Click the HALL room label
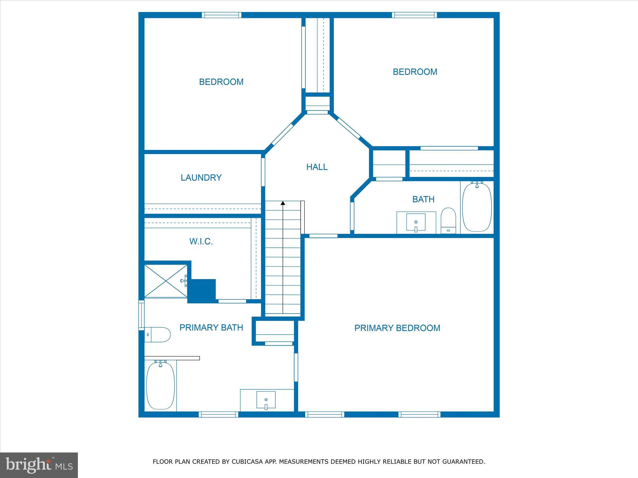pyautogui.click(x=317, y=167)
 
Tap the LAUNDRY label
pyautogui.click(x=201, y=178)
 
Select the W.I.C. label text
pyautogui.click(x=201, y=241)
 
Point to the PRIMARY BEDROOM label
pyautogui.click(x=397, y=328)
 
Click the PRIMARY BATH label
pyautogui.click(x=211, y=327)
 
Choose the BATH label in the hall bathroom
pyautogui.click(x=423, y=199)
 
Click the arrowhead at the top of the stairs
pyautogui.click(x=283, y=203)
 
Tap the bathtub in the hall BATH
pyautogui.click(x=477, y=207)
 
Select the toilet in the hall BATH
pyautogui.click(x=448, y=220)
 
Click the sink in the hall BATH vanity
pyautogui.click(x=416, y=222)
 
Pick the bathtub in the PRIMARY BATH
pyautogui.click(x=160, y=385)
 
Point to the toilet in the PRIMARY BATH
pyautogui.click(x=158, y=335)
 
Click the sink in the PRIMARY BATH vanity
pyautogui.click(x=266, y=400)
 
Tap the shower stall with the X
pyautogui.click(x=166, y=281)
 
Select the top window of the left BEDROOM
pyautogui.click(x=221, y=15)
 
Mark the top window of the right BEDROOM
pyautogui.click(x=414, y=15)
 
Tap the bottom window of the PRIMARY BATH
pyautogui.click(x=218, y=414)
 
